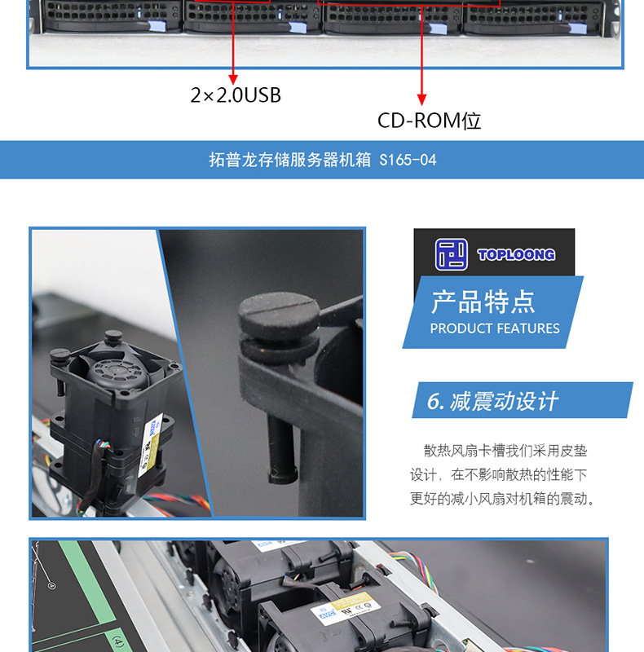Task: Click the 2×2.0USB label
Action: (x=236, y=95)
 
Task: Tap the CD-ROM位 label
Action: (x=429, y=121)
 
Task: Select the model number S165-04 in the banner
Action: (x=408, y=161)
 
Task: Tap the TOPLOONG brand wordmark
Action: (x=515, y=255)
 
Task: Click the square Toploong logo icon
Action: (x=452, y=254)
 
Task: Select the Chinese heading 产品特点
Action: (x=483, y=302)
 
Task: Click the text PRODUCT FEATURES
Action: (x=494, y=328)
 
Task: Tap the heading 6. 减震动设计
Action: (x=492, y=401)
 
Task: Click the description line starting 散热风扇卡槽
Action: (x=505, y=451)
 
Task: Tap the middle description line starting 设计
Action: (x=498, y=474)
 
